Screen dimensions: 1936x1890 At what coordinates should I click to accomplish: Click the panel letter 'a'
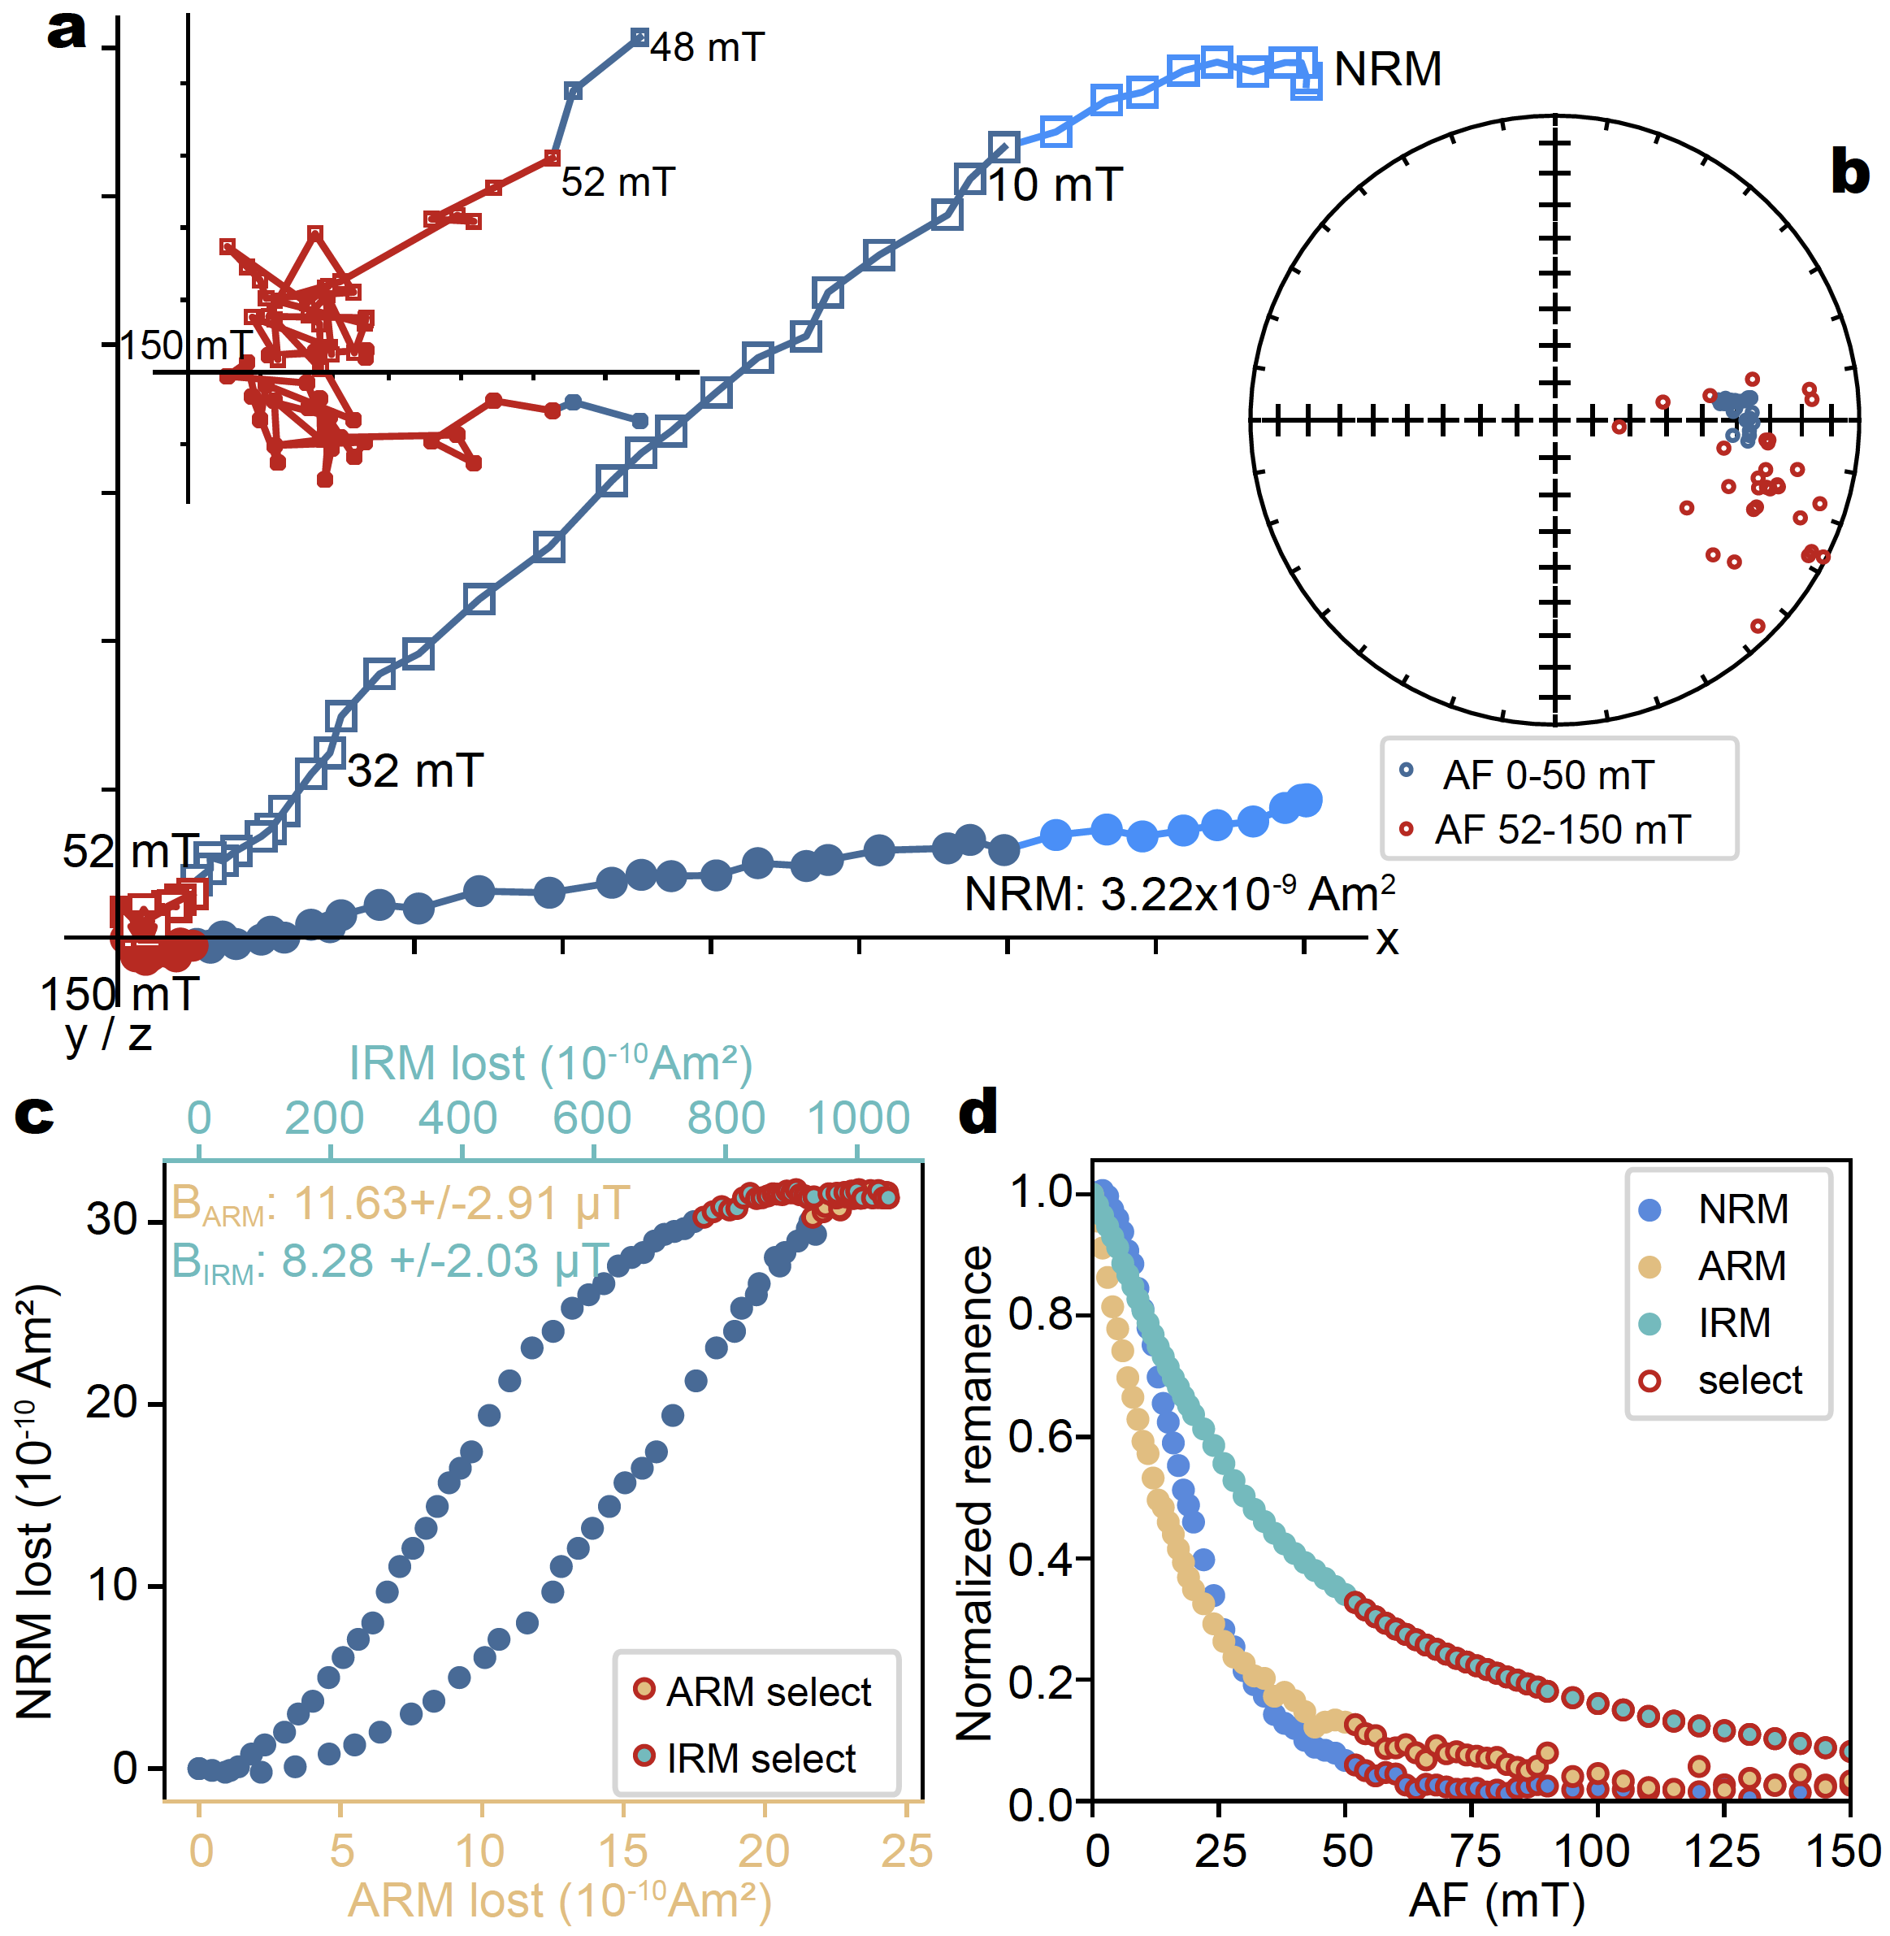click(x=67, y=32)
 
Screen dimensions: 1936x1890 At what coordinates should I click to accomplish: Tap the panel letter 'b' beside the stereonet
click(x=1849, y=173)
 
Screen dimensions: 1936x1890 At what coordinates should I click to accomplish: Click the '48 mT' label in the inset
click(x=707, y=48)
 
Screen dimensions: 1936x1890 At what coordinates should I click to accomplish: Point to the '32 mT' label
click(x=415, y=771)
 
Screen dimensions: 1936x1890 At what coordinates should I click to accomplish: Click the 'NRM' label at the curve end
click(x=1387, y=70)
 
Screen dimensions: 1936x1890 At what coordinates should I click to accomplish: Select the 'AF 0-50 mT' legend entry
click(x=1548, y=775)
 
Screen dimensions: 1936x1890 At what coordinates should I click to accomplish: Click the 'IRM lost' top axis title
click(x=551, y=1063)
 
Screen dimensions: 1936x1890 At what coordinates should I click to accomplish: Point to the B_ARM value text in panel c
click(x=401, y=1205)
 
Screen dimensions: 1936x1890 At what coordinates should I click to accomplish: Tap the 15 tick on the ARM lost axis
click(x=623, y=1851)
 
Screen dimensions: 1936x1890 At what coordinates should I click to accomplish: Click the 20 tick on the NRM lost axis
click(x=111, y=1403)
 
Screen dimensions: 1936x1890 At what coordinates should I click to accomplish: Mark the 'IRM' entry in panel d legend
click(x=1733, y=1323)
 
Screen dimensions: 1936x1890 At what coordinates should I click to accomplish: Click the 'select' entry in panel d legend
click(x=1749, y=1381)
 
